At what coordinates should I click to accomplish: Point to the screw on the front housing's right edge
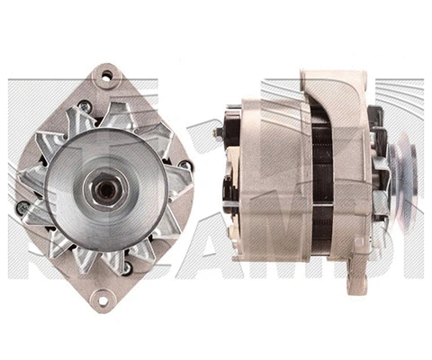184,166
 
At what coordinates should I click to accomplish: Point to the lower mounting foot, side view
356,270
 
